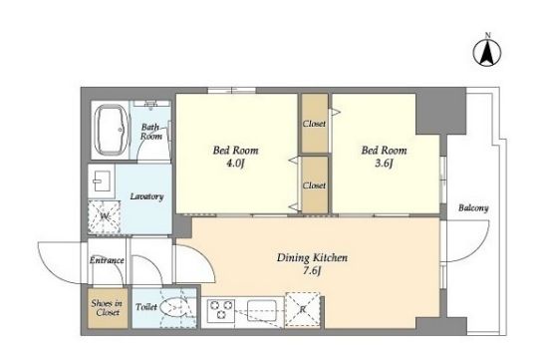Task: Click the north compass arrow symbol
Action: pos(487,53)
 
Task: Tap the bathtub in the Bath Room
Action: pos(111,130)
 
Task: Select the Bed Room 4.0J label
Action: pos(235,157)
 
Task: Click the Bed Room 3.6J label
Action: pos(384,157)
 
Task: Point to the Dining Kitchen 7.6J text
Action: pos(312,263)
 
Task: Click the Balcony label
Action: pos(473,207)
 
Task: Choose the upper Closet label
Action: pos(314,124)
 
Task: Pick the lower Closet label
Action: pos(314,185)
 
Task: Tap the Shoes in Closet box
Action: pos(108,308)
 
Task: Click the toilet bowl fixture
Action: pos(176,306)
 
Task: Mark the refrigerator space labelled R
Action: pos(303,309)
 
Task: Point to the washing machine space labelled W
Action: pos(104,217)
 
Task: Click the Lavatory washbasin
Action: pos(102,180)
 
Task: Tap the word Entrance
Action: pos(107,260)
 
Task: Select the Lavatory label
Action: pos(146,196)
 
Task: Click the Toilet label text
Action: pos(146,306)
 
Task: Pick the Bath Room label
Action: pos(151,132)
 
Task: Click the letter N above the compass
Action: pos(487,35)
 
